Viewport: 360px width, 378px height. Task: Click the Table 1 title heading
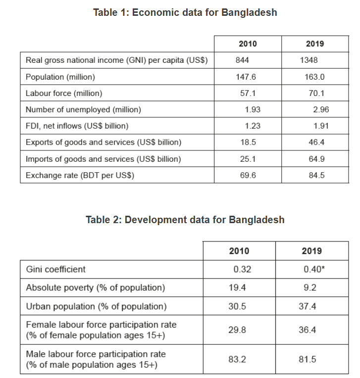[185, 12]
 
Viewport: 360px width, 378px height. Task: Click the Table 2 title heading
[185, 219]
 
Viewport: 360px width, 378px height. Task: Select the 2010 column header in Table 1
[248, 44]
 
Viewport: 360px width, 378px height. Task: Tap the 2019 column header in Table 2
[311, 251]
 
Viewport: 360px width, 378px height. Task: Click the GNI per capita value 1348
[309, 60]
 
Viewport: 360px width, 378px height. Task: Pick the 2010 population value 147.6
[246, 77]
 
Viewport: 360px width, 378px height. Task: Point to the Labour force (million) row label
[64, 93]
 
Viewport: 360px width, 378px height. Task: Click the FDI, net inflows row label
[77, 126]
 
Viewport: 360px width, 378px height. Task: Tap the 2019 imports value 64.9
[316, 159]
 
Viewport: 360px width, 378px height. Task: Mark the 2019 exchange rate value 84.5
[316, 175]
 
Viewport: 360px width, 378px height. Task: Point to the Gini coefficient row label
[55, 269]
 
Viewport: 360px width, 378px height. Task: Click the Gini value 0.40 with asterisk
[313, 269]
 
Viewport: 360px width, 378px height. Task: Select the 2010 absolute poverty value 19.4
[237, 287]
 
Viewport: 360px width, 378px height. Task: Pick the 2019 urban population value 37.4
[308, 306]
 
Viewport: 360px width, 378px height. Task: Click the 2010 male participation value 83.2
[237, 359]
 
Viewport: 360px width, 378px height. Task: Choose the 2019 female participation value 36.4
[308, 330]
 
